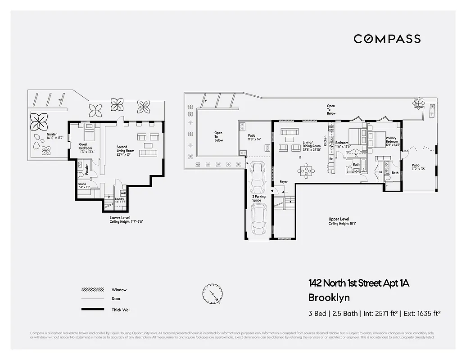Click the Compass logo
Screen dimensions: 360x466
click(x=387, y=39)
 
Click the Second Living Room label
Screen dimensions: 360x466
click(x=122, y=150)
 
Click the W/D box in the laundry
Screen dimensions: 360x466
click(x=123, y=193)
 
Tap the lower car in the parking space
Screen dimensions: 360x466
click(x=259, y=219)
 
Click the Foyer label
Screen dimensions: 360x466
click(x=283, y=182)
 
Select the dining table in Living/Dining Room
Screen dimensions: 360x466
click(x=307, y=171)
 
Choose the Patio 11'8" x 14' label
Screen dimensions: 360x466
click(x=254, y=137)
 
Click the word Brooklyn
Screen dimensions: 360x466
click(x=329, y=297)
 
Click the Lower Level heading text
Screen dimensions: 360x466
click(x=120, y=217)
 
